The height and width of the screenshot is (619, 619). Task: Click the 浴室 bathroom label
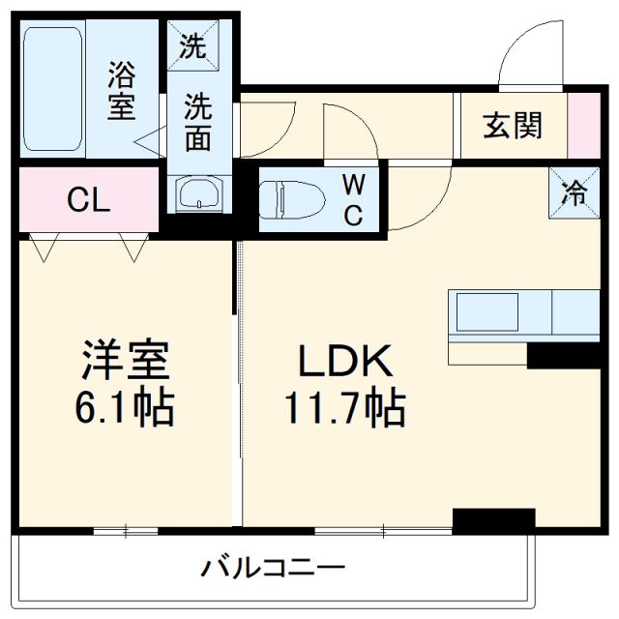click(121, 89)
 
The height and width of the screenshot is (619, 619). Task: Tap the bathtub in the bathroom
click(52, 89)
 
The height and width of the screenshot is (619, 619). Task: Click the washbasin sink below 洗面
click(198, 193)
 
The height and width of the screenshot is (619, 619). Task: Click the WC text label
click(353, 199)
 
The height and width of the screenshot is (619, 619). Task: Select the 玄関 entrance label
click(512, 126)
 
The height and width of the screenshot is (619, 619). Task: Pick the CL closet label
click(88, 201)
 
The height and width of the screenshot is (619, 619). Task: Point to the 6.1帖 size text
click(126, 409)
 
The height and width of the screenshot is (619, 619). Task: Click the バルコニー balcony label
click(274, 567)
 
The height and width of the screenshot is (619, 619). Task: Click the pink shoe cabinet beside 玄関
click(583, 126)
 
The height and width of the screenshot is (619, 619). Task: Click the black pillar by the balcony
click(493, 520)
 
